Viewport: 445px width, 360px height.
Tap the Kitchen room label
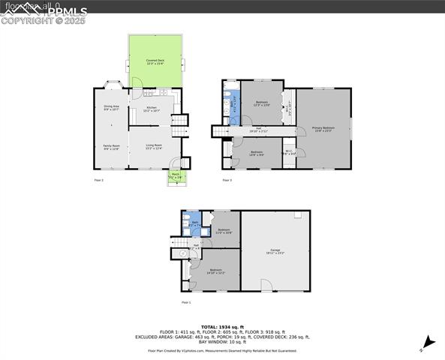152,110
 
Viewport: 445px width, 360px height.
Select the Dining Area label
111,108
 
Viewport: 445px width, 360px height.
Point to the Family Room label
111,148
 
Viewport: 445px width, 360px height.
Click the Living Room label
153,148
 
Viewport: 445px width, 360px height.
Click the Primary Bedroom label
323,129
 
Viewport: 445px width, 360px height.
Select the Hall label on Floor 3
258,130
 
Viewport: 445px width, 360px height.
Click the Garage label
275,251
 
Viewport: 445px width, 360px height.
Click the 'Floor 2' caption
99,181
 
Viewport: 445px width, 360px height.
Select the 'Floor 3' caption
227,181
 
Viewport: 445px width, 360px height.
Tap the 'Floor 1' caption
186,302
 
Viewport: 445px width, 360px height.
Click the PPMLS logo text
65,11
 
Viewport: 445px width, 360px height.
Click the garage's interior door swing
265,286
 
